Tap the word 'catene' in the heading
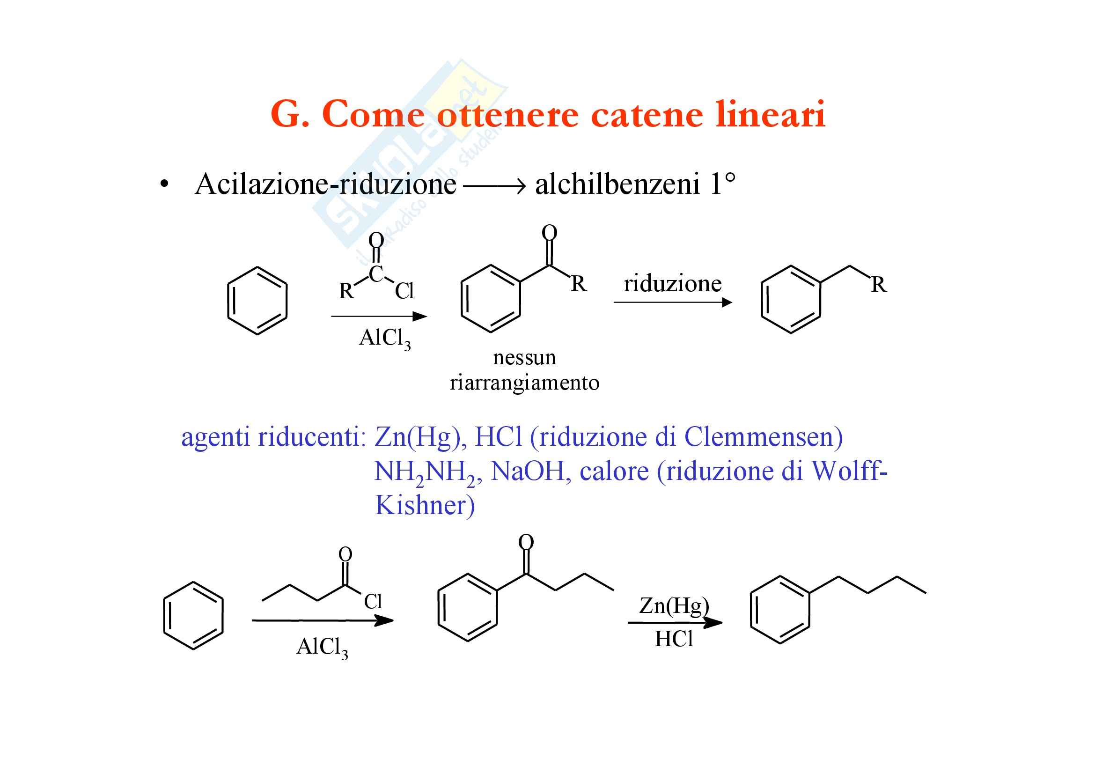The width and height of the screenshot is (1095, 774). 647,115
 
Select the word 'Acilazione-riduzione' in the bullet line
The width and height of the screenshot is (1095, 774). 325,184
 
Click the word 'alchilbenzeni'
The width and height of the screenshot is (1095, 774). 617,184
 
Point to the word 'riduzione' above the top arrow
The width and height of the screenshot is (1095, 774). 672,284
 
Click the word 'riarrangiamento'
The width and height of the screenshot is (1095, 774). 524,383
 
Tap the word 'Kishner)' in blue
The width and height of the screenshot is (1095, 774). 425,505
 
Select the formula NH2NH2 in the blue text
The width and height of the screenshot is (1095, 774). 427,472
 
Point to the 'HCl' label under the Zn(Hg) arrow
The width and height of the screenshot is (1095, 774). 673,639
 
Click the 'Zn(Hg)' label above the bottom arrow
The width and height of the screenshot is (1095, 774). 673,605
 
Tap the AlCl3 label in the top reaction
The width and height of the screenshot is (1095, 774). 385,339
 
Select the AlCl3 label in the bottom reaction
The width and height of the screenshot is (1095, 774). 322,648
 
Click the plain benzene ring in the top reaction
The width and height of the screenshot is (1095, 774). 257,301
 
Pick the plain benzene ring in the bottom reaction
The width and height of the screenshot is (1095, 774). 193,615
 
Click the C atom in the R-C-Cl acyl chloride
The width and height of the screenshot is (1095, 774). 376,274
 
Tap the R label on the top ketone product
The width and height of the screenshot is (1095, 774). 578,284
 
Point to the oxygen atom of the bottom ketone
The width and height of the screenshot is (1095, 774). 526,542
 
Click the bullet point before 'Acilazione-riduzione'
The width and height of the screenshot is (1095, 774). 164,185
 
